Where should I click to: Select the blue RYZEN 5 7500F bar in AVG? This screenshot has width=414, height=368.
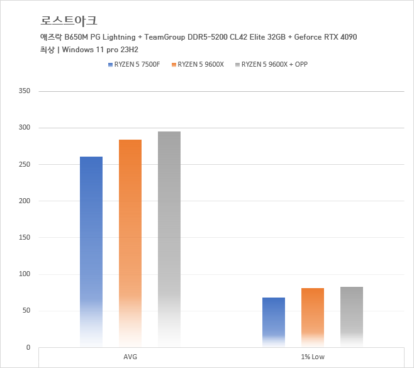pos(91,252)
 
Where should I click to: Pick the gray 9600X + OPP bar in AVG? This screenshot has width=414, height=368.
pos(169,239)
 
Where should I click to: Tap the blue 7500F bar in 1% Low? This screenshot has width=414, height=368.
pos(274,322)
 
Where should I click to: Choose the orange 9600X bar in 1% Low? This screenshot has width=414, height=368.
pos(313,318)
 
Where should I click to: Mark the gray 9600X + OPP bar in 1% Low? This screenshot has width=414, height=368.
pos(352,317)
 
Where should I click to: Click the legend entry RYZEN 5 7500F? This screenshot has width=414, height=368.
pos(137,64)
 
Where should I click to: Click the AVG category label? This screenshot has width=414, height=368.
pos(130,357)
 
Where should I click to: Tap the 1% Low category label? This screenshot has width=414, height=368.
pos(313,357)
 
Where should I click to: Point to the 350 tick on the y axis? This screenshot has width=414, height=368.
pos(25,91)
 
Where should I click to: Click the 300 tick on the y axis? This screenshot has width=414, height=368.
pos(25,128)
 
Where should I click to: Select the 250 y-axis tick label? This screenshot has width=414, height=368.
pos(25,164)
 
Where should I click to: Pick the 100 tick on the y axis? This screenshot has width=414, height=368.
pos(25,274)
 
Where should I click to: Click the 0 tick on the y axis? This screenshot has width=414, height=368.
pos(28,347)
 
